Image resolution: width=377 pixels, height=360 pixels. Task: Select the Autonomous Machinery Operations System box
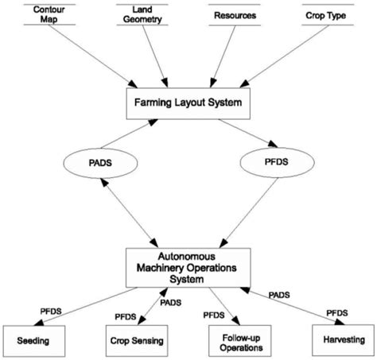188,268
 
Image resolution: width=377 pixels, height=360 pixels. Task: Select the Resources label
235,14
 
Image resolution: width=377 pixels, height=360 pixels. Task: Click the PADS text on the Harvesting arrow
278,294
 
